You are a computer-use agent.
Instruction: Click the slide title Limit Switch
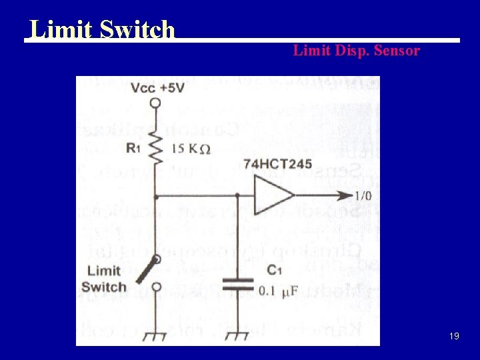[x=102, y=29]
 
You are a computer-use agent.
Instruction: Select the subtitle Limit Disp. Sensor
[x=357, y=50]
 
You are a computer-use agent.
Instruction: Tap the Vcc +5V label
[x=158, y=88]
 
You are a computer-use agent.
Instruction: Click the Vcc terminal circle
[x=155, y=103]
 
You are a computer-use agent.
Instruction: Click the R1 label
[x=133, y=149]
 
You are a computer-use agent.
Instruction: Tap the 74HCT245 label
[x=278, y=164]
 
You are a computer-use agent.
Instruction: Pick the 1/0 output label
[x=363, y=196]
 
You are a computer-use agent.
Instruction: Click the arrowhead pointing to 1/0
[x=345, y=196]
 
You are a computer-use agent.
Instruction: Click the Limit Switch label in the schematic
[x=104, y=279]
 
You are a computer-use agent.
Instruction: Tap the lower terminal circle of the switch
[x=155, y=287]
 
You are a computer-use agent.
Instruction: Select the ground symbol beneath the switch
[x=155, y=335]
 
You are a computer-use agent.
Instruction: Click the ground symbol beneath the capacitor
[x=238, y=335]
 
